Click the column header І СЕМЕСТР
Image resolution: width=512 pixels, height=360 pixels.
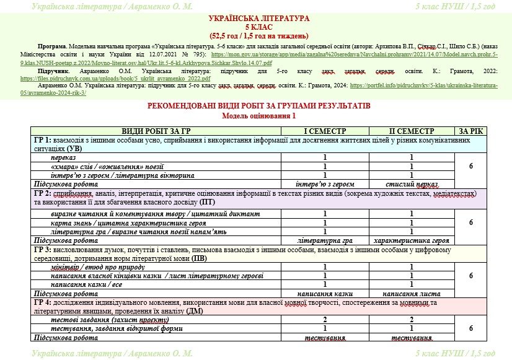[x=325, y=131]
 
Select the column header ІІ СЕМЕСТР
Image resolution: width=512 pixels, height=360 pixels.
[x=412, y=131]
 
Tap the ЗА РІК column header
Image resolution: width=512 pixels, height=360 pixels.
[x=471, y=131]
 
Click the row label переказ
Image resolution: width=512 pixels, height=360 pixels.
[x=64, y=158]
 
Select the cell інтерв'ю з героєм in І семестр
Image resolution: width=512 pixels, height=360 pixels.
[x=325, y=185]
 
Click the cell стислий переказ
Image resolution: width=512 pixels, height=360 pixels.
[x=412, y=185]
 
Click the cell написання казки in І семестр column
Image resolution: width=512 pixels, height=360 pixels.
[x=325, y=293]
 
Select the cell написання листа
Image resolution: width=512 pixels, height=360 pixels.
[x=412, y=293]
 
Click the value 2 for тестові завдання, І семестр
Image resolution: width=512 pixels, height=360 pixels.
[x=325, y=320]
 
